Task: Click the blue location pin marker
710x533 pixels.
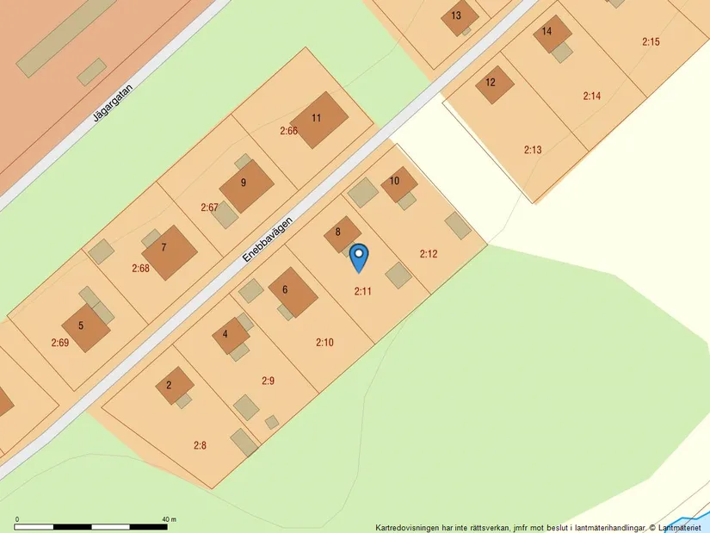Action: click(x=359, y=257)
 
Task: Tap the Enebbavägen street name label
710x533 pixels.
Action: click(x=268, y=239)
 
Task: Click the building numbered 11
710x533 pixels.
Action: click(x=318, y=120)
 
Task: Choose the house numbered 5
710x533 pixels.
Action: click(x=84, y=326)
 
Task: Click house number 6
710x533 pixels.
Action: click(x=290, y=292)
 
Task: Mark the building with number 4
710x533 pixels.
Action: click(x=228, y=335)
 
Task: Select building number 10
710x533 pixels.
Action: click(x=397, y=183)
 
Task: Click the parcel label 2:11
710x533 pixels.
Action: click(x=362, y=291)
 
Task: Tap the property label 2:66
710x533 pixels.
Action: click(x=288, y=131)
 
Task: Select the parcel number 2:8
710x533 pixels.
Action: click(x=200, y=445)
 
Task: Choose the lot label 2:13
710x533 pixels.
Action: click(x=533, y=150)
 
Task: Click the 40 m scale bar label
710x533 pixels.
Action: click(x=169, y=520)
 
